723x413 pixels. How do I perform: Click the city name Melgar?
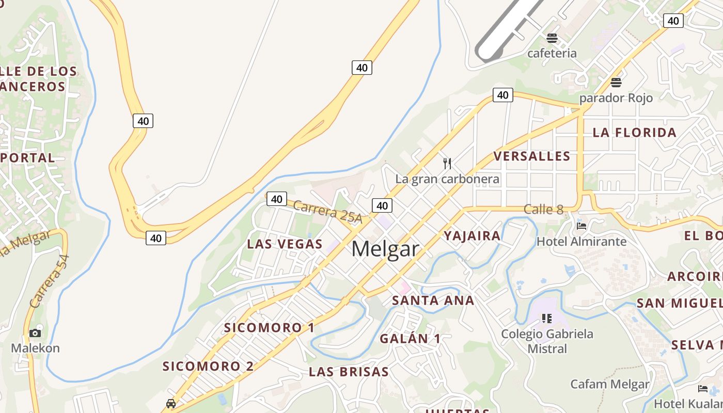(385, 249)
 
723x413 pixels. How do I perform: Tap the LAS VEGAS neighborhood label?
(285, 244)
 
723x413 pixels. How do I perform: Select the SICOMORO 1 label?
(269, 328)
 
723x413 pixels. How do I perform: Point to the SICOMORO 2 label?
(208, 367)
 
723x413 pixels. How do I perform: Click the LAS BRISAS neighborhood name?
(349, 372)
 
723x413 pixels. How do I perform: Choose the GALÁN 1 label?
(411, 339)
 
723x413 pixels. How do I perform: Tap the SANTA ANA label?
(433, 300)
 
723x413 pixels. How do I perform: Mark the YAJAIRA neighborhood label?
(472, 236)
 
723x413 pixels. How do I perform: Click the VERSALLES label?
(532, 156)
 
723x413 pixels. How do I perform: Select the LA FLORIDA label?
(634, 133)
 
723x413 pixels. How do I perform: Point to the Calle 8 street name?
(543, 210)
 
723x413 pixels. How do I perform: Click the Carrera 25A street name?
(328, 212)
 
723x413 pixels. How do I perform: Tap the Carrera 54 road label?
(50, 281)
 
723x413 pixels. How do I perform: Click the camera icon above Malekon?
(35, 333)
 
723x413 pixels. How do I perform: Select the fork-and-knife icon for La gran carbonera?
(447, 164)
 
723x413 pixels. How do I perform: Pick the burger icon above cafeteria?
(552, 38)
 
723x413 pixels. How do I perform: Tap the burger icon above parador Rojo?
(616, 83)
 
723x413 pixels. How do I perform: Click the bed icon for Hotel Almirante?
(581, 226)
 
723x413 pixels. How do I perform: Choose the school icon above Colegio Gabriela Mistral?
(547, 318)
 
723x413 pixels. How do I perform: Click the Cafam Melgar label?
(609, 384)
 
